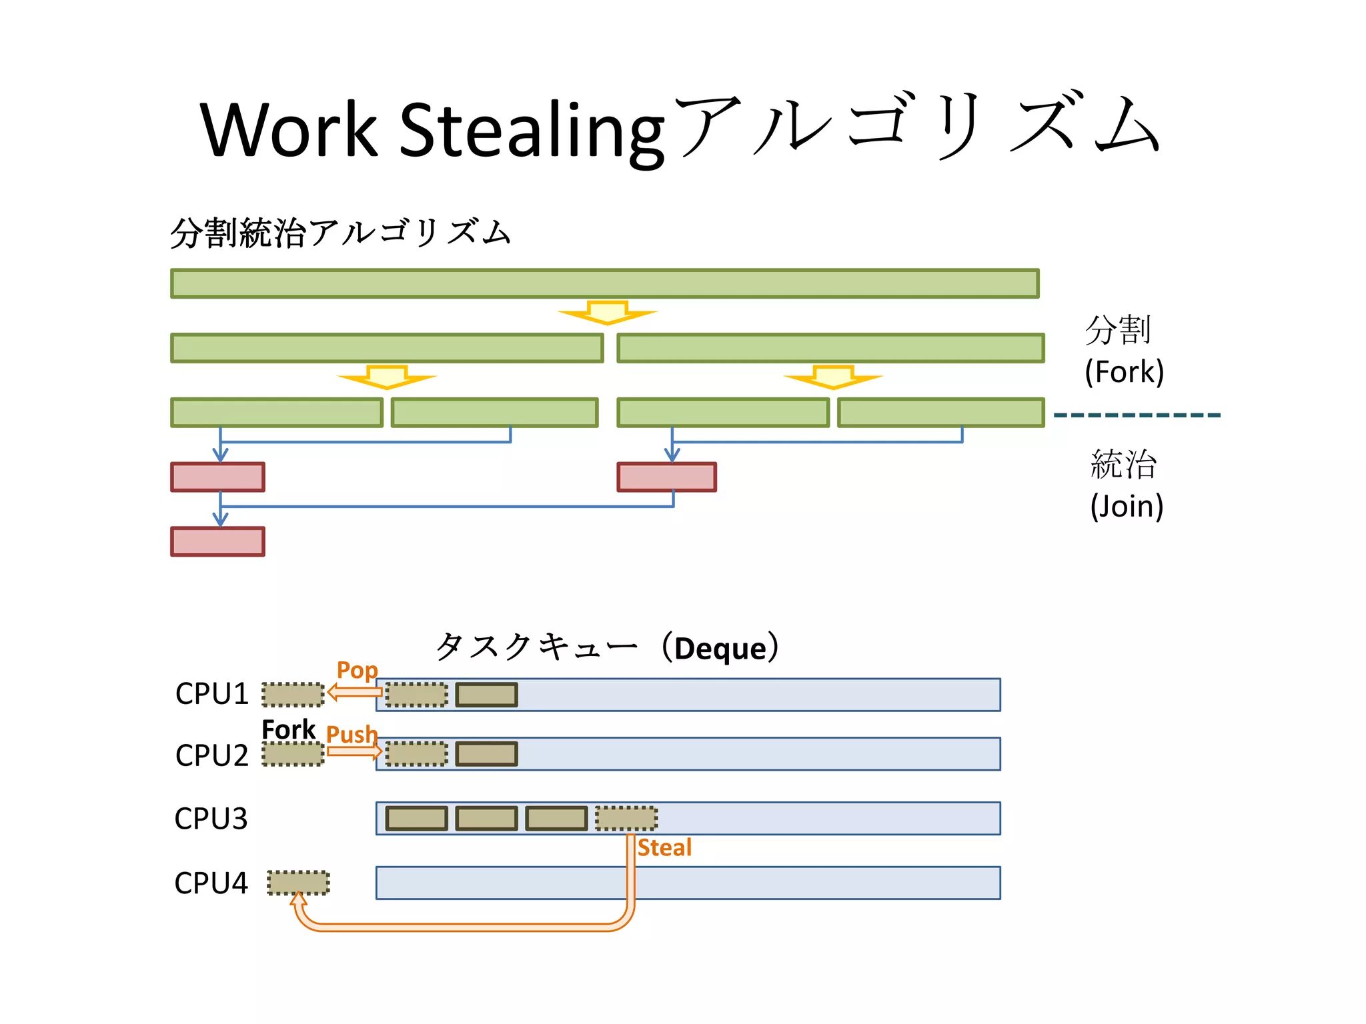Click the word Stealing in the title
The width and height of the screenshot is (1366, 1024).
click(532, 130)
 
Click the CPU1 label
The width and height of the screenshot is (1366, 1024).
click(211, 694)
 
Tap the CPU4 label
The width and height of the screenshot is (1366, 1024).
click(211, 883)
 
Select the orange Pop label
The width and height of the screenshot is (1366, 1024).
click(357, 670)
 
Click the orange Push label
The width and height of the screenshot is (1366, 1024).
click(352, 734)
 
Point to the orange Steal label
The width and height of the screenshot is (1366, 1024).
click(664, 848)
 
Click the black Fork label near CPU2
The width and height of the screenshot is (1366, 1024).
click(288, 730)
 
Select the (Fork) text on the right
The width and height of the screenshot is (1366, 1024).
click(1124, 372)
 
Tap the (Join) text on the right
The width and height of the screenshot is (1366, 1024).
click(1127, 507)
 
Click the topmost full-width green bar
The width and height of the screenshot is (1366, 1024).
click(604, 283)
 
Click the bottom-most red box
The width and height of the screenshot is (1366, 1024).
click(217, 541)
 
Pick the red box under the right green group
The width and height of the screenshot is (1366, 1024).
click(666, 477)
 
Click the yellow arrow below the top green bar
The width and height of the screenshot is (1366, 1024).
click(608, 312)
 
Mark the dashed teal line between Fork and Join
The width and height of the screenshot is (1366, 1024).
click(1137, 415)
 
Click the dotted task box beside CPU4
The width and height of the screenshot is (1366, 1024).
click(298, 883)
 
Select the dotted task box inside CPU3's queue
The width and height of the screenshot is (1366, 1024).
click(626, 819)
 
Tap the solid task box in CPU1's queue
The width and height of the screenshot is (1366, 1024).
click(486, 695)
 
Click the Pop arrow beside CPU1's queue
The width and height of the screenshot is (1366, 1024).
click(355, 693)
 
